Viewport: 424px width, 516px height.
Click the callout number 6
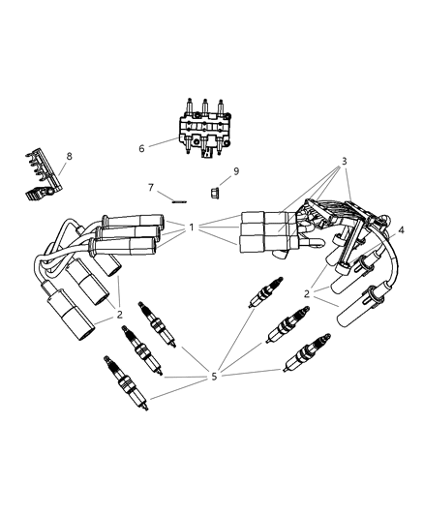tap(141, 149)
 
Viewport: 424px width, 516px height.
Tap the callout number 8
tap(69, 156)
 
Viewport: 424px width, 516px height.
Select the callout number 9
tap(236, 171)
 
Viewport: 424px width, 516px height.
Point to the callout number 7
tap(151, 187)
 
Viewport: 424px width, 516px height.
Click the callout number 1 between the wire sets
tap(192, 228)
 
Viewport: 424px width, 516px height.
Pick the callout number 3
tap(344, 162)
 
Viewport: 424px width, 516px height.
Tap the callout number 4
tap(401, 230)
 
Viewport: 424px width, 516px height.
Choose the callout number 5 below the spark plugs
tap(214, 376)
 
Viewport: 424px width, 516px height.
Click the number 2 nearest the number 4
tap(307, 293)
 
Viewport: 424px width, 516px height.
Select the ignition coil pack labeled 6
tap(204, 127)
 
